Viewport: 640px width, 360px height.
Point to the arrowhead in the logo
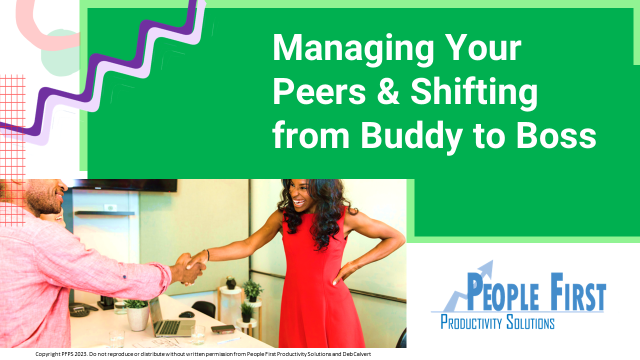point(488,266)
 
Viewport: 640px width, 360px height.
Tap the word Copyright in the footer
point(50,354)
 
